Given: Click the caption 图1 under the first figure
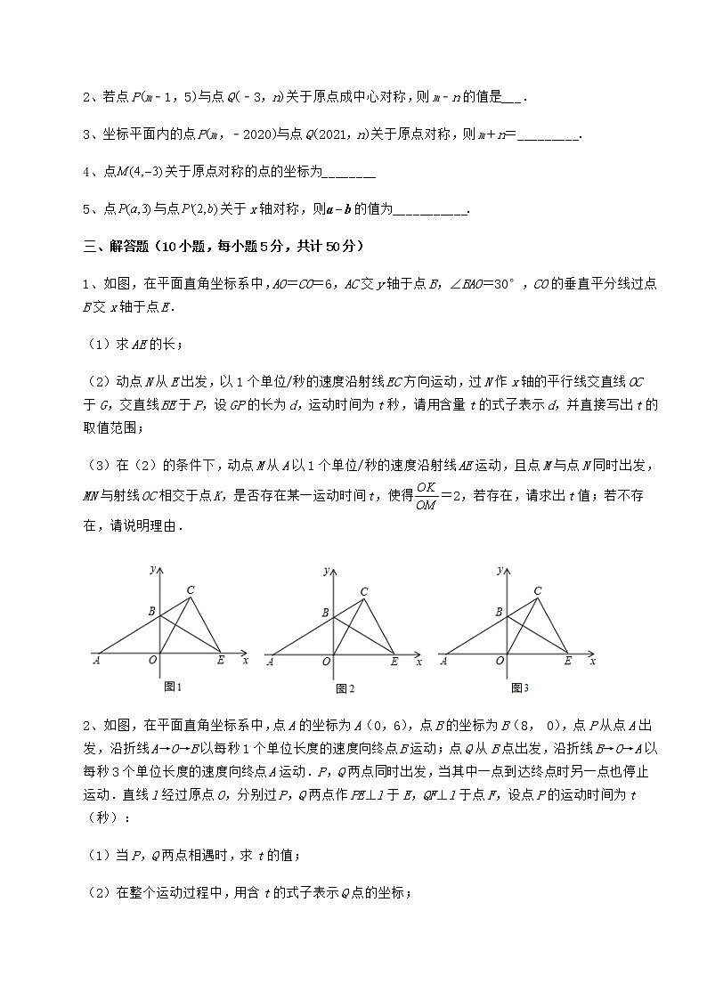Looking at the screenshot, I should click(x=173, y=687).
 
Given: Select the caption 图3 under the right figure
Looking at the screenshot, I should click(x=520, y=687).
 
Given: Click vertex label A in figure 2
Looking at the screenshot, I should click(x=270, y=662).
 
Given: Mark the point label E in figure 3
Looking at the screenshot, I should click(x=567, y=661).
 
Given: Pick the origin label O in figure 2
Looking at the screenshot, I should click(x=327, y=662).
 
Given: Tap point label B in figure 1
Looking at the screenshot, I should click(x=151, y=611).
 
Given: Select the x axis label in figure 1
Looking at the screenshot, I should click(x=245, y=660).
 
